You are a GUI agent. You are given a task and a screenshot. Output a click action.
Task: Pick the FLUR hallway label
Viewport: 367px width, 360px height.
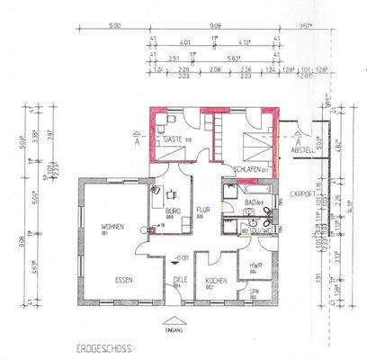tap(203, 212)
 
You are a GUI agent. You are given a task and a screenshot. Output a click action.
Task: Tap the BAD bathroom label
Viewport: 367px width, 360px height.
tap(253, 202)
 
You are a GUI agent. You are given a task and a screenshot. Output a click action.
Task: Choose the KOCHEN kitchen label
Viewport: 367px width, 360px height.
tap(216, 282)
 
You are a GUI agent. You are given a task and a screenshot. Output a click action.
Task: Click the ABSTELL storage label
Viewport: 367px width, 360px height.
tap(302, 150)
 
